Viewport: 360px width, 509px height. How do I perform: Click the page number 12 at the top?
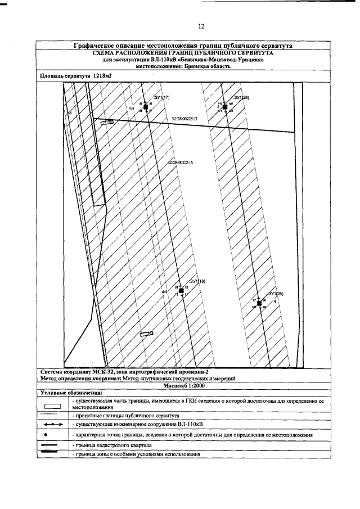201,26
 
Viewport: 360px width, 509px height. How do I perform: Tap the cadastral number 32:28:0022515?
180,163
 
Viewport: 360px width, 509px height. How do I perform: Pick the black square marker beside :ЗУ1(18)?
181,290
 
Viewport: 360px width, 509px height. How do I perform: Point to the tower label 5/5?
132,107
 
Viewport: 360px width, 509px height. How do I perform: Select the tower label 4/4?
164,292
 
